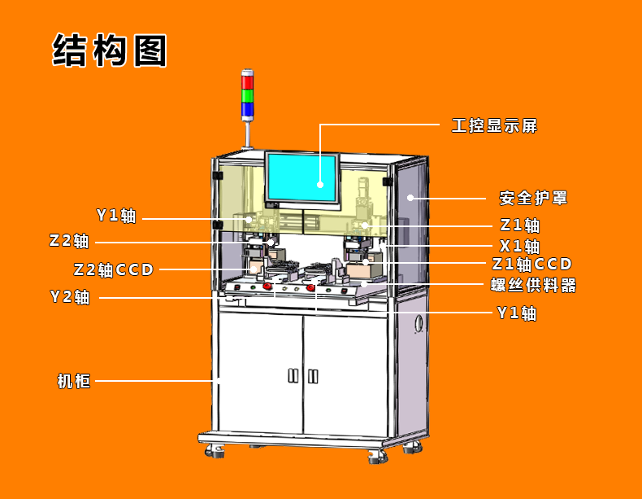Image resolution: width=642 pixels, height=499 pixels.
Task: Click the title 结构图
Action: pyautogui.click(x=110, y=50)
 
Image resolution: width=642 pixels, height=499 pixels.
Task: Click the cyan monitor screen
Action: pyautogui.click(x=300, y=177)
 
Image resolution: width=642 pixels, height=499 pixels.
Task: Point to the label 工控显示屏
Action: pyautogui.click(x=494, y=125)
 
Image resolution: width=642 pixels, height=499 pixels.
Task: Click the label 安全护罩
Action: pyautogui.click(x=532, y=198)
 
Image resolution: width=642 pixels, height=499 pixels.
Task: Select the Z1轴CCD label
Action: pyautogui.click(x=532, y=264)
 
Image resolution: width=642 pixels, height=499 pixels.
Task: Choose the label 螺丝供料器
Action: pyautogui.click(x=533, y=285)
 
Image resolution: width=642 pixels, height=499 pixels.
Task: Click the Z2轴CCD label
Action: pyautogui.click(x=113, y=269)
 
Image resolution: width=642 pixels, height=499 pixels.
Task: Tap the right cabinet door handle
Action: pyautogui.click(x=313, y=376)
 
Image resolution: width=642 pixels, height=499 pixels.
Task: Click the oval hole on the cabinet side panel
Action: pyautogui.click(x=419, y=323)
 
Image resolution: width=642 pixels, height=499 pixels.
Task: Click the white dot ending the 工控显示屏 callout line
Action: pyautogui.click(x=320, y=184)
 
